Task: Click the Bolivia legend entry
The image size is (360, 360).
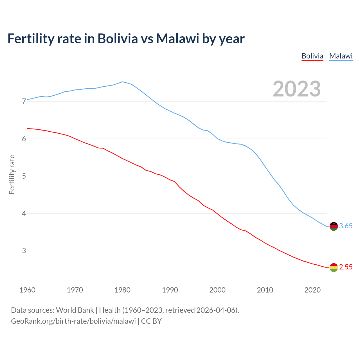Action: [312, 56]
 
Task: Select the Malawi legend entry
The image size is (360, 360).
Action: [341, 56]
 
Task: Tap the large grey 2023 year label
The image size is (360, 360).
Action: [296, 89]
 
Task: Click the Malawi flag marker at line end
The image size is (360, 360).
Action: [334, 226]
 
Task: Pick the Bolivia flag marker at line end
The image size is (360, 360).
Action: [334, 267]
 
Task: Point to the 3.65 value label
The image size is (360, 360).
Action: [346, 226]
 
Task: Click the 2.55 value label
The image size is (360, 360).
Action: [346, 267]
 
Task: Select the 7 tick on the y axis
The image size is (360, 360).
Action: [24, 101]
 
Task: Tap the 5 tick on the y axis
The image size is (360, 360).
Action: [24, 176]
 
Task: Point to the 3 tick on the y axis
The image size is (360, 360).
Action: [24, 251]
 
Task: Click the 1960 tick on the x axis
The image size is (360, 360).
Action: [27, 290]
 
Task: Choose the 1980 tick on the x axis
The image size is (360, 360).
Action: [122, 290]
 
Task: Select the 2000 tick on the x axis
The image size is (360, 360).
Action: [217, 290]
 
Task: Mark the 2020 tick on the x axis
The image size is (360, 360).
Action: [312, 290]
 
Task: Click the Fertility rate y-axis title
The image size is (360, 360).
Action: [12, 174]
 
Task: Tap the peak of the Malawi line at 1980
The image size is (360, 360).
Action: [122, 82]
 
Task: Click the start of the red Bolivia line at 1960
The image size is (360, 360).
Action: [28, 129]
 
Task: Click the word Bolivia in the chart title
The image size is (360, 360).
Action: [118, 39]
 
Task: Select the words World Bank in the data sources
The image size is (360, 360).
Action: [75, 310]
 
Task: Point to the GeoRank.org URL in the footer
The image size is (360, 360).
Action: [73, 321]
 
